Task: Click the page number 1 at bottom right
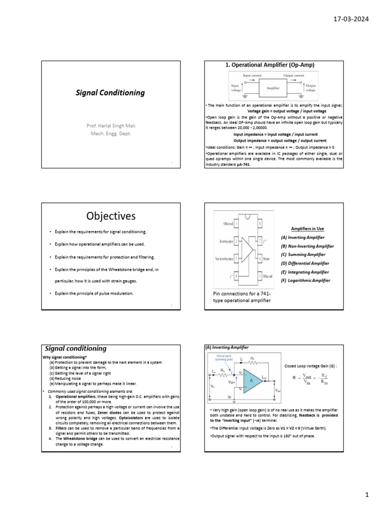(367, 495)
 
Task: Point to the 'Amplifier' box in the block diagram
(273, 88)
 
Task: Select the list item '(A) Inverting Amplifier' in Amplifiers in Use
(303, 237)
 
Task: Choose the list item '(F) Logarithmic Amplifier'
(306, 281)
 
